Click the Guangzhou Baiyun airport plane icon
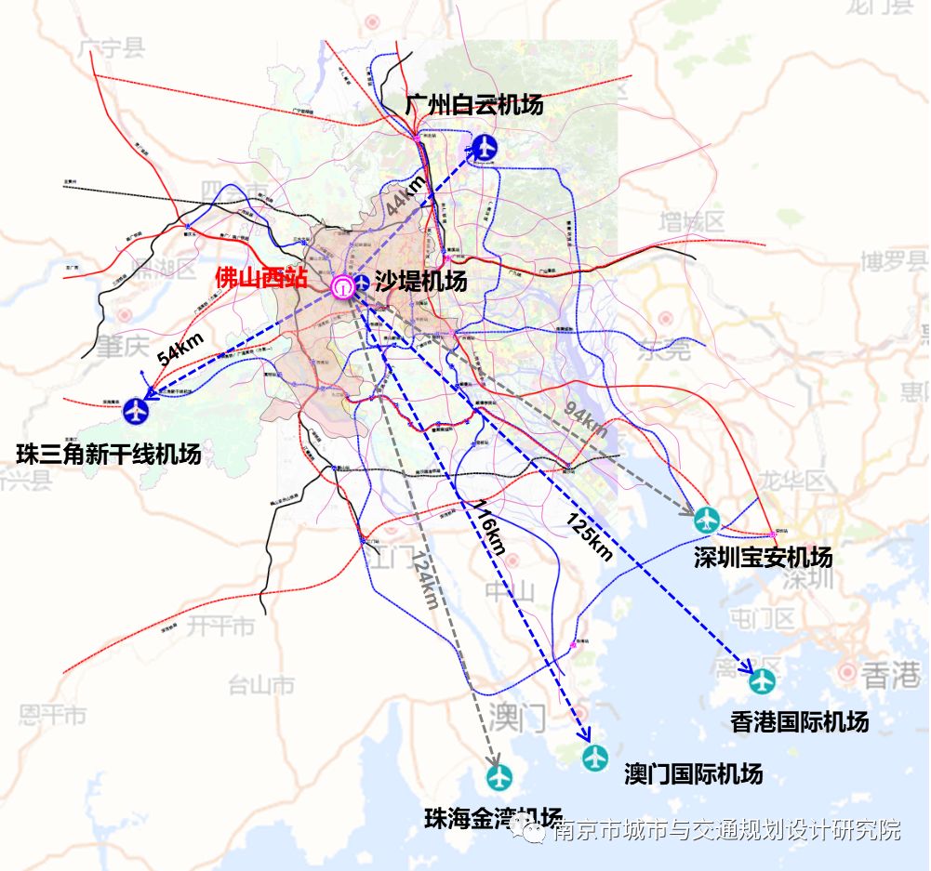pyautogui.click(x=485, y=147)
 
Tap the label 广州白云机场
pyautogui.click(x=474, y=105)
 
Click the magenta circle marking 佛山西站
pyautogui.click(x=343, y=286)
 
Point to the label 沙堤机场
pyautogui.click(x=420, y=282)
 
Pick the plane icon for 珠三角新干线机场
pyautogui.click(x=136, y=408)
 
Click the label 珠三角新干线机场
pyautogui.click(x=109, y=455)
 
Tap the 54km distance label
pyautogui.click(x=180, y=350)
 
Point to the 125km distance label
pyautogui.click(x=589, y=535)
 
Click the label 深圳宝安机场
pyautogui.click(x=763, y=558)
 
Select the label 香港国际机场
pyautogui.click(x=800, y=722)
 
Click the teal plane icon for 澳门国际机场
pyautogui.click(x=595, y=758)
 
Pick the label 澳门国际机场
pyautogui.click(x=694, y=773)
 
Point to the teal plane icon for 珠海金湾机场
pyautogui.click(x=499, y=777)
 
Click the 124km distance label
pyautogui.click(x=424, y=580)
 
